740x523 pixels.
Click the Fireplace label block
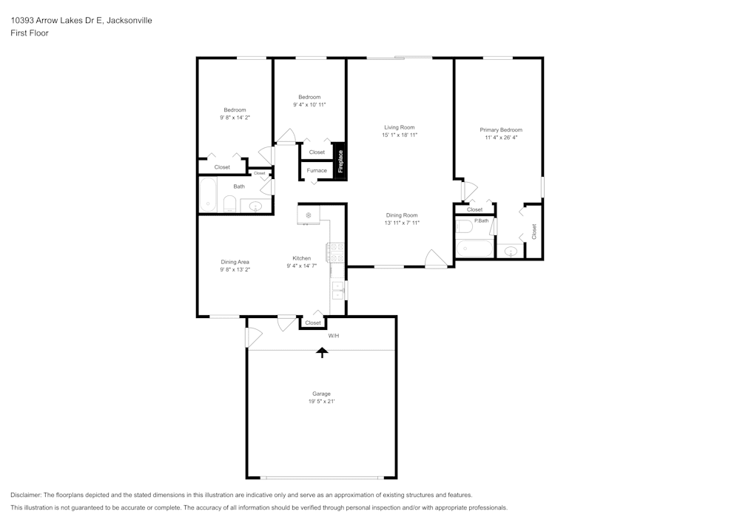coord(340,161)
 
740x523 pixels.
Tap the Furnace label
coord(317,171)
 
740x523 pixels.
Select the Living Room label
coord(399,127)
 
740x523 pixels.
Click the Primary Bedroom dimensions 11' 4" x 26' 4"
coord(501,137)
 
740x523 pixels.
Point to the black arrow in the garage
coord(322,352)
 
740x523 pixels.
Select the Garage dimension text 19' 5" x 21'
coord(321,402)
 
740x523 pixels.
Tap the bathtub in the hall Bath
coord(208,195)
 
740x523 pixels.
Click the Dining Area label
coord(235,262)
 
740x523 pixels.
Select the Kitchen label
coord(301,258)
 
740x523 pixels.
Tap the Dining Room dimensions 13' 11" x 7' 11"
coord(402,223)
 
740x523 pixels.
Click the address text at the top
coord(81,21)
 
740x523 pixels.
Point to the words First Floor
coord(30,33)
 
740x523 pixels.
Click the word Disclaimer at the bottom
coord(26,495)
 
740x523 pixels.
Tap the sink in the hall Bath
coord(256,206)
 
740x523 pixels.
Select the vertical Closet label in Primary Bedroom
coord(534,232)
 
